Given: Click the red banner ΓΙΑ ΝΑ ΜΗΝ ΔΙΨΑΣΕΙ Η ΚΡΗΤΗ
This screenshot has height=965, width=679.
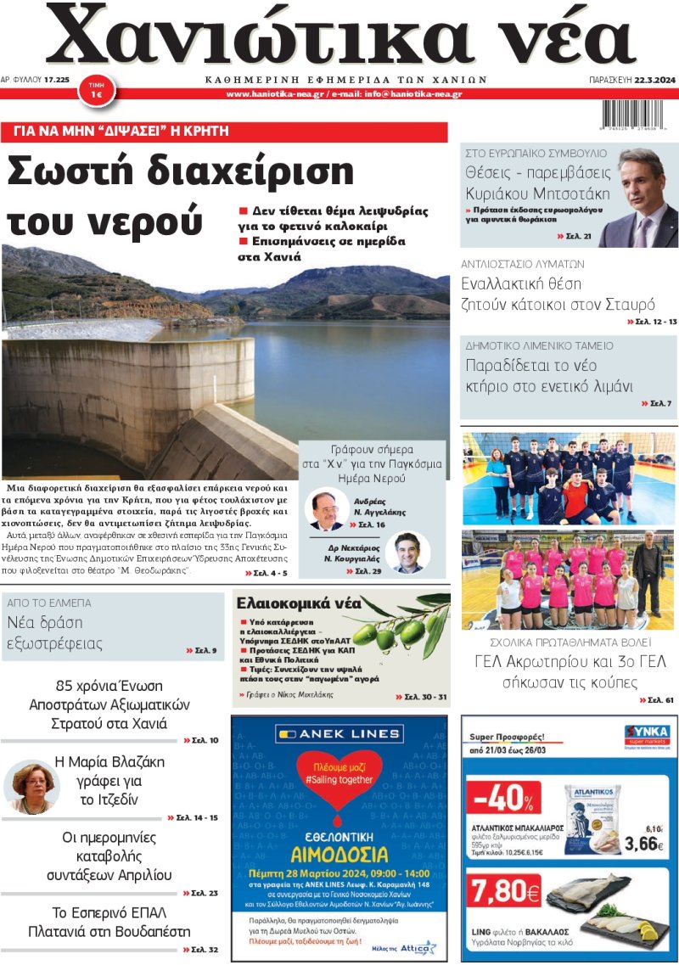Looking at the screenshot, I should (224, 132).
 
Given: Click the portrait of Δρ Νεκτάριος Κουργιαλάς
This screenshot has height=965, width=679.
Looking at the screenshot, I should (407, 552).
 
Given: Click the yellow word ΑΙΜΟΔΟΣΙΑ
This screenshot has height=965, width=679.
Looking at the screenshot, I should (339, 855).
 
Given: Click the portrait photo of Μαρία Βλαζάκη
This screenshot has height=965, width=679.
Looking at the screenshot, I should (32, 786).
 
